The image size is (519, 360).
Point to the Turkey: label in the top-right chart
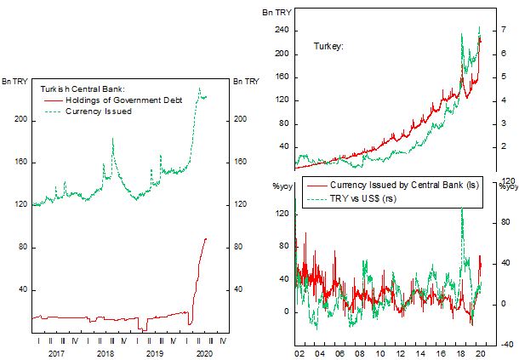pyautogui.click(x=328, y=45)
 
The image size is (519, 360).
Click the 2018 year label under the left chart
pyautogui.click(x=106, y=351)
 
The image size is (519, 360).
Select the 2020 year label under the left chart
pyautogui.click(x=204, y=351)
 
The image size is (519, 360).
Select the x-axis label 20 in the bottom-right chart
pyautogui.click(x=481, y=351)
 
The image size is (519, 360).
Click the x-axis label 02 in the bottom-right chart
pyautogui.click(x=298, y=351)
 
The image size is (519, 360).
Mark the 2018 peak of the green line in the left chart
pyautogui.click(x=112, y=138)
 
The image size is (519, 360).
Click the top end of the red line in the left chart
pyautogui.click(x=206, y=238)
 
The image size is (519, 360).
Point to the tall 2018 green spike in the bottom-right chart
pyautogui.click(x=461, y=209)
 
